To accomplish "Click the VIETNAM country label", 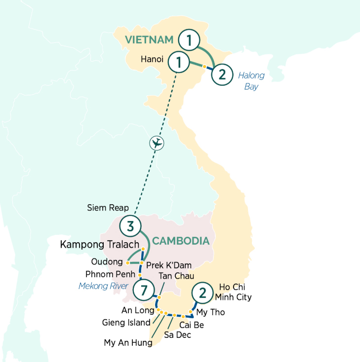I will pos(149,39).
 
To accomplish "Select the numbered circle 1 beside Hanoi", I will pos(178,62).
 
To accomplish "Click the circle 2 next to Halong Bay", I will pos(222,74).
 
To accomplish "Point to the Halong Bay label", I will pos(251,81).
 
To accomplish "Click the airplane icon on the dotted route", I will pos(157,143).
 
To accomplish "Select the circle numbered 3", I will pos(130,226).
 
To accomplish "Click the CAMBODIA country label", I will pos(180,241).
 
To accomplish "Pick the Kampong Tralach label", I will pos(99,244).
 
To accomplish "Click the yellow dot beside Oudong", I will pos(127,262).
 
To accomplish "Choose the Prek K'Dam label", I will pos(168,265).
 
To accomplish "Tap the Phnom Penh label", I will pos(106,274).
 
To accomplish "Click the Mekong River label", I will pos(103,286).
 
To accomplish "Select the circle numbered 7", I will pos(144,290).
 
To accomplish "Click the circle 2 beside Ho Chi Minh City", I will pos(202,292).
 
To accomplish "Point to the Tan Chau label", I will pos(176,276).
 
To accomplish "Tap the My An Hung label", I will pos(128,342).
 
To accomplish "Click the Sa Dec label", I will pos(177,335).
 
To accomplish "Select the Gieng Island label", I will pos(126,323).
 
